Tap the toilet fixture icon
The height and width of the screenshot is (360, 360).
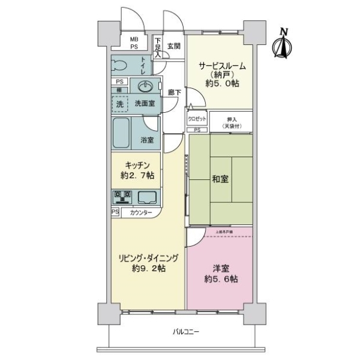(118, 65)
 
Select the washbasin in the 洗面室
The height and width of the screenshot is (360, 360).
(144, 86)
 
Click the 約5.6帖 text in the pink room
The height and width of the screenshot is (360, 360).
(221, 279)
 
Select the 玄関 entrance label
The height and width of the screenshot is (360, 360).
(173, 46)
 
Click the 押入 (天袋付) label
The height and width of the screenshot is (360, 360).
(230, 122)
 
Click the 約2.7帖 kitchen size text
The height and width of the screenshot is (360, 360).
(137, 176)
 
